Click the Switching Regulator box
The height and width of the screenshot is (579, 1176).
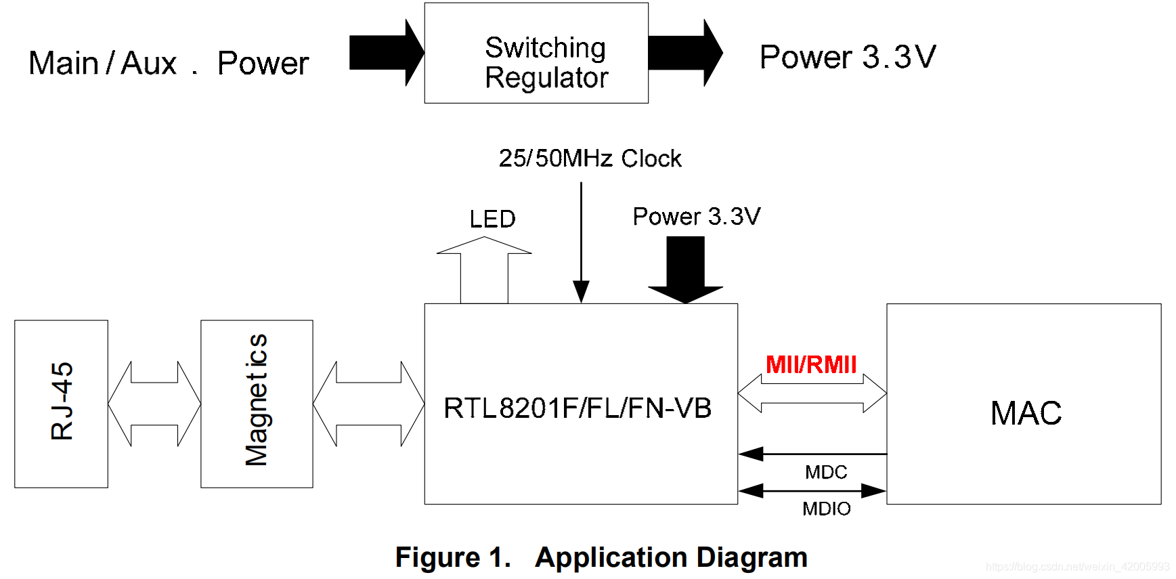point(536,53)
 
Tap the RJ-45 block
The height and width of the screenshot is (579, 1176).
point(61,404)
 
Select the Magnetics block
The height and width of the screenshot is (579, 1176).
point(257,404)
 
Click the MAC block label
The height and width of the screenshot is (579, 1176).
point(1026,413)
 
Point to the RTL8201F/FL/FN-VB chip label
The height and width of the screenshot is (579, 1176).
point(578,408)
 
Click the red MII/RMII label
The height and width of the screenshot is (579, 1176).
point(811,364)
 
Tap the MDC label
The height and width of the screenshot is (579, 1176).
point(826,472)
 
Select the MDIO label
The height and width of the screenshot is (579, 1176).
point(826,509)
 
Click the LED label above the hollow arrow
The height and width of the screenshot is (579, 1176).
point(493,219)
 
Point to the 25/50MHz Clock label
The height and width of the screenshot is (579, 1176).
point(590,158)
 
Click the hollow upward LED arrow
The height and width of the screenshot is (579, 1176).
point(484,270)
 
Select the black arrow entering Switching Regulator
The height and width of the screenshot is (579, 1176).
point(387,53)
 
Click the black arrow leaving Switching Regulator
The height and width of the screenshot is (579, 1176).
point(685,53)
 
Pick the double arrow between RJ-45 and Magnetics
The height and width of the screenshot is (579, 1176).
point(154,404)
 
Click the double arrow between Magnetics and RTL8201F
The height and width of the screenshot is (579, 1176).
point(369,404)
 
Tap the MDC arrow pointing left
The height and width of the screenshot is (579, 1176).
point(812,454)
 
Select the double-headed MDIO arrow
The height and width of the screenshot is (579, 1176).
point(812,490)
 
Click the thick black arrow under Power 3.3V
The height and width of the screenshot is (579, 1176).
point(685,270)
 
